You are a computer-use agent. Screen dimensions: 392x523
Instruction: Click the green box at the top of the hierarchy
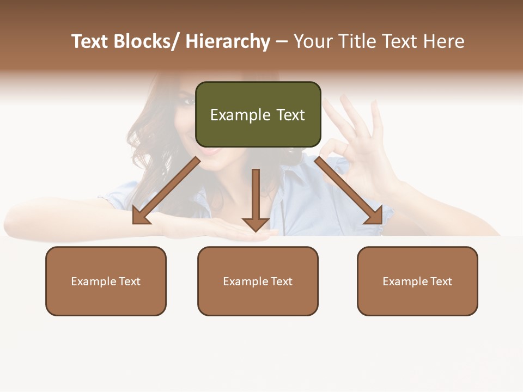(x=258, y=114)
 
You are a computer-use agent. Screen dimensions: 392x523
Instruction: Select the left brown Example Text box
(x=106, y=281)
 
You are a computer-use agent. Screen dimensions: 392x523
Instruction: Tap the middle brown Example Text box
(x=258, y=281)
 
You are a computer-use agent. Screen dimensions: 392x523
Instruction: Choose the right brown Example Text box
(x=417, y=281)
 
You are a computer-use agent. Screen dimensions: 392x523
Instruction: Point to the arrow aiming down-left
(x=166, y=191)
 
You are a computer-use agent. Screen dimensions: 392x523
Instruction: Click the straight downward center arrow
(x=256, y=199)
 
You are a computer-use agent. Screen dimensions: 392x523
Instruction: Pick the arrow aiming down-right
(x=349, y=191)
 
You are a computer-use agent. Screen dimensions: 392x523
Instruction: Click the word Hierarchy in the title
(x=228, y=41)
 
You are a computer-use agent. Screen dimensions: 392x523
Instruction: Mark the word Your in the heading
(x=313, y=41)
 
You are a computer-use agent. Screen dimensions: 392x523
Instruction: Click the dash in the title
(x=281, y=41)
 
